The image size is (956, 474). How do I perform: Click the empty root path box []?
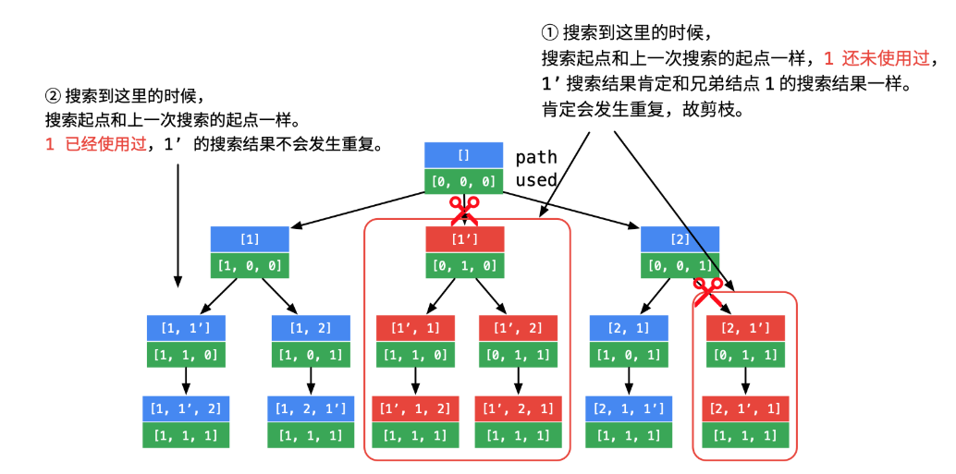(x=464, y=155)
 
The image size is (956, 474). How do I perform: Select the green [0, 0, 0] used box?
(x=464, y=181)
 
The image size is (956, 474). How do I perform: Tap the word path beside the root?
(x=536, y=157)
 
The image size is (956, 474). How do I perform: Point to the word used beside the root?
(x=536, y=180)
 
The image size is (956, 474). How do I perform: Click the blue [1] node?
(x=250, y=239)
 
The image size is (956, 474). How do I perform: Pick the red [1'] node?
(x=464, y=239)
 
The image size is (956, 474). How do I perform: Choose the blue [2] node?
(x=680, y=239)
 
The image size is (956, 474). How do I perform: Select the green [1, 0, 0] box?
(x=250, y=265)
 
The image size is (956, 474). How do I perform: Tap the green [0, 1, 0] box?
(x=464, y=265)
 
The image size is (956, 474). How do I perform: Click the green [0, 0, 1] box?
(x=680, y=265)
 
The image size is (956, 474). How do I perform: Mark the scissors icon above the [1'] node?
(x=464, y=210)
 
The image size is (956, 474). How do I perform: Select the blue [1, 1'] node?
(x=186, y=328)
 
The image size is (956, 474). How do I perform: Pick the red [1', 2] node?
(x=518, y=328)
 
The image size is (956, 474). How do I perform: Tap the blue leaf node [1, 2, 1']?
(x=311, y=408)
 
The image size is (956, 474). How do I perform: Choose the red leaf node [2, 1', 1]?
(x=745, y=408)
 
